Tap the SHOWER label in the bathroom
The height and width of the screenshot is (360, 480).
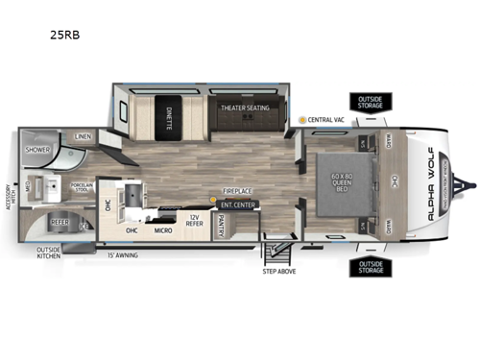[x=37, y=150]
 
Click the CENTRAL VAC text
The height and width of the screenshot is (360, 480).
[x=324, y=120]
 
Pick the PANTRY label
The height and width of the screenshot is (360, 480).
[x=221, y=224]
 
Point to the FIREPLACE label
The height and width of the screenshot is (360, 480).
[x=238, y=191]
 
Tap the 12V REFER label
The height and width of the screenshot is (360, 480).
[x=195, y=223]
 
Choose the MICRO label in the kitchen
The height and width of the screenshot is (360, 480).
[x=164, y=230]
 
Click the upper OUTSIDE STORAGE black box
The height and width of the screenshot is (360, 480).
[x=369, y=103]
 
